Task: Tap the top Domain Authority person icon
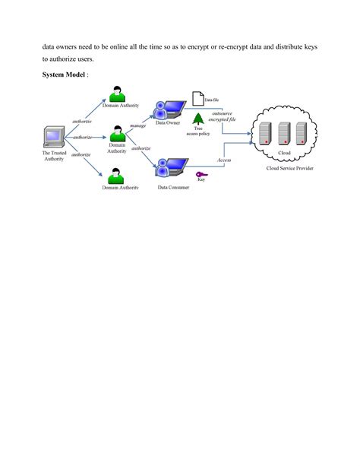click(116, 94)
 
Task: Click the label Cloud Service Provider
click(289, 167)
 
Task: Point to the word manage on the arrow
click(137, 125)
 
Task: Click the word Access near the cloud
click(224, 160)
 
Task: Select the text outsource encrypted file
click(227, 116)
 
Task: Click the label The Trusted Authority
click(53, 156)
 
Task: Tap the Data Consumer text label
click(174, 187)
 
